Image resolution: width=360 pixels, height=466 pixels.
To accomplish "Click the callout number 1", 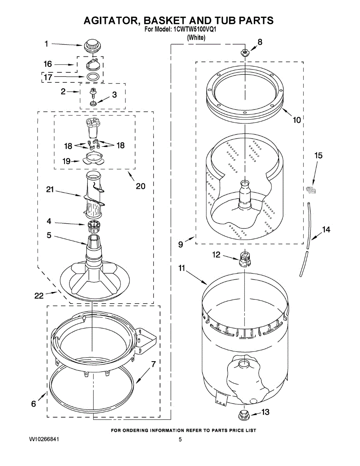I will [46, 44].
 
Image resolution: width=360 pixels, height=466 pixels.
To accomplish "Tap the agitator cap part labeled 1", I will [92, 45].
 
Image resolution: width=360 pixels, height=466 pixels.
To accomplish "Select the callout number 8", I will [260, 42].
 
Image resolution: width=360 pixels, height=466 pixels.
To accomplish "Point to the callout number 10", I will [296, 120].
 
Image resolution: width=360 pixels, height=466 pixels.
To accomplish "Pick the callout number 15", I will [318, 156].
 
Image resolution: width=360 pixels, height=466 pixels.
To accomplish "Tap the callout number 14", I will [326, 230].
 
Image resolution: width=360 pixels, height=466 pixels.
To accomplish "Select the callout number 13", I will [265, 412].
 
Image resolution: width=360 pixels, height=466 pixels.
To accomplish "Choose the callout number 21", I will [49, 190].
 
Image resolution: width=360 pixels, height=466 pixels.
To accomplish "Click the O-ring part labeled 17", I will [92, 77].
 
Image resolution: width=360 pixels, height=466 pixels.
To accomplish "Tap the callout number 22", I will [39, 296].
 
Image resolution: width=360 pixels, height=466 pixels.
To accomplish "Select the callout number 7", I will [153, 364].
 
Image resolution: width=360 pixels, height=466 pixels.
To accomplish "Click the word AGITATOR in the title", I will [110, 20].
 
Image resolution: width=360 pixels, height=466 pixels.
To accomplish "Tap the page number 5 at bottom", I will [180, 439].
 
